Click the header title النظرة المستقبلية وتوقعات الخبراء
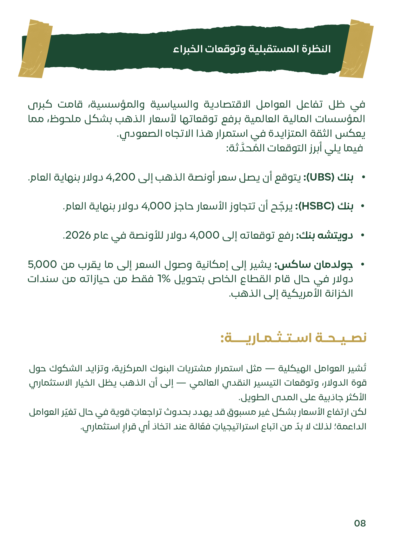[x=252, y=49]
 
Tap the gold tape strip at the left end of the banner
[x=35, y=49]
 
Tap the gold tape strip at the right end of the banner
[x=356, y=49]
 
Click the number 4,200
[x=120, y=177]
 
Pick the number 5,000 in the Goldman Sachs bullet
[x=42, y=264]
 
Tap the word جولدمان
[x=333, y=264]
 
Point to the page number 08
[x=360, y=523]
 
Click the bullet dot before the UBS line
[x=363, y=177]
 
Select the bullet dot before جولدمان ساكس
[x=363, y=265]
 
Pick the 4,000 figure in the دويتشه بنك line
[x=204, y=235]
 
